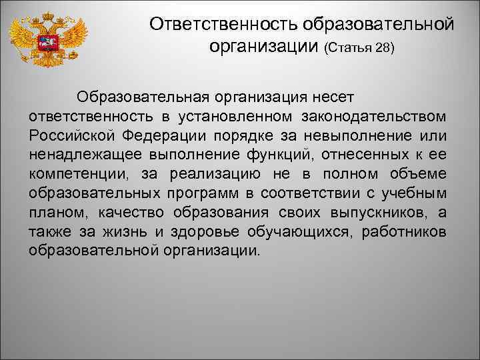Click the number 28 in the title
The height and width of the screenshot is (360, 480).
click(385, 49)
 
